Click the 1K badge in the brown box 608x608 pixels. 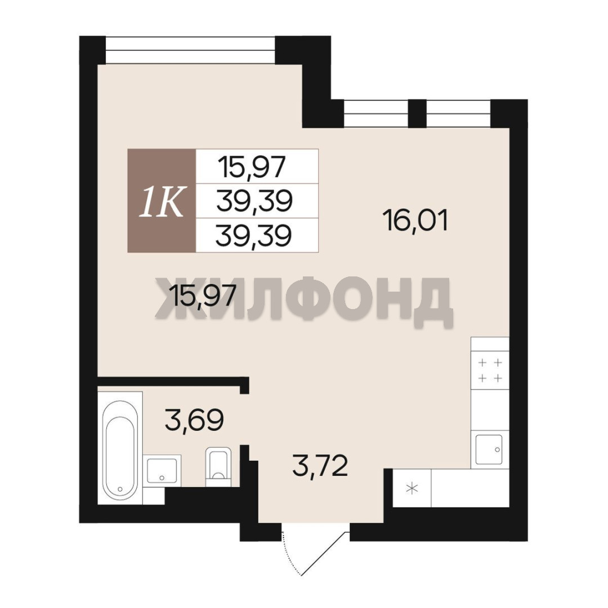(162, 201)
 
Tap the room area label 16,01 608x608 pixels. (415, 220)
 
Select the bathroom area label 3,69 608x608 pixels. (194, 420)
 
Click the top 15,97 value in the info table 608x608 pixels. (252, 166)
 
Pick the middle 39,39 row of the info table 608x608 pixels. (254, 201)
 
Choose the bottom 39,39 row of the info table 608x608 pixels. (253, 235)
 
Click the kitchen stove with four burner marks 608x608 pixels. (490, 370)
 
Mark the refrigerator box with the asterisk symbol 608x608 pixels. (412, 488)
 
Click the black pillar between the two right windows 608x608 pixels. (418, 113)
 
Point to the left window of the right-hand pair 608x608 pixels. (377, 113)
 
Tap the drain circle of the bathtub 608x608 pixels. (120, 489)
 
